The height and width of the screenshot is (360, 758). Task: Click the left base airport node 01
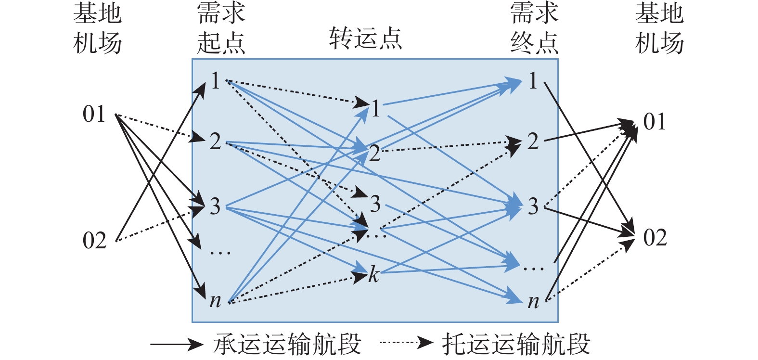[x=94, y=115]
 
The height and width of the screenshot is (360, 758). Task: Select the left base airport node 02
[x=94, y=240]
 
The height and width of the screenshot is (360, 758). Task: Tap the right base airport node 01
[x=655, y=122]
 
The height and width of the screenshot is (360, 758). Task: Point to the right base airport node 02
[x=655, y=238]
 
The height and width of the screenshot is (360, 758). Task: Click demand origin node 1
[x=215, y=81]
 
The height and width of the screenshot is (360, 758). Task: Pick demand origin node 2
[x=215, y=141]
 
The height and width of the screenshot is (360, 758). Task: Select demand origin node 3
[x=215, y=206]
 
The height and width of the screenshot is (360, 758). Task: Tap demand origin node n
[x=215, y=301]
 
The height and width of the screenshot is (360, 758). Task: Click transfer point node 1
[x=375, y=109]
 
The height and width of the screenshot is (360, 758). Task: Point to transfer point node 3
[x=375, y=204]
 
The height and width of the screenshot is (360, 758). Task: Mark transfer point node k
[x=373, y=275]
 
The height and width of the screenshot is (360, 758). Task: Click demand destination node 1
[x=532, y=81]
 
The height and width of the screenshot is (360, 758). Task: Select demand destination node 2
[x=532, y=141]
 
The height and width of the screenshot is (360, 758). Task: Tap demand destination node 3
[x=532, y=206]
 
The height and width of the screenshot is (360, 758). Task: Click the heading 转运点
[x=365, y=39]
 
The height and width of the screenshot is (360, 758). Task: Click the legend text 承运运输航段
[x=287, y=344]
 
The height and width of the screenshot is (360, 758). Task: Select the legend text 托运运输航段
[x=516, y=344]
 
